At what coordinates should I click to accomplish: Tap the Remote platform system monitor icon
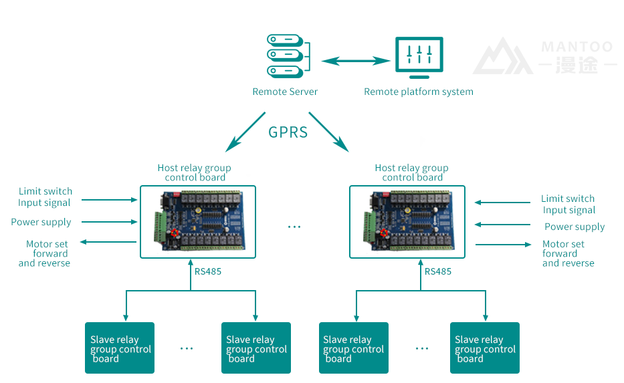[419, 57]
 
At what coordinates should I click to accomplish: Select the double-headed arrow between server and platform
[355, 61]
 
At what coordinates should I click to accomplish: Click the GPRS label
[288, 132]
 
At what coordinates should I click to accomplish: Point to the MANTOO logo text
[577, 47]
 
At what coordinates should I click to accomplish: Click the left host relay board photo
[198, 222]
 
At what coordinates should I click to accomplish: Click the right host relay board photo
[407, 222]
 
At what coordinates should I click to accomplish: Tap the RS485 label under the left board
[208, 271]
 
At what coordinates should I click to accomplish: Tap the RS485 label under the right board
[438, 271]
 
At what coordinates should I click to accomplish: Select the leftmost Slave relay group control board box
[120, 348]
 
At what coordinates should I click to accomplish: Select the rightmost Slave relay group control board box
[484, 348]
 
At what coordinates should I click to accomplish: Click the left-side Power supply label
[41, 222]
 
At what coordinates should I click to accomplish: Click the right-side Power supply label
[575, 227]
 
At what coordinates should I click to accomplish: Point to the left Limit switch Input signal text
[45, 197]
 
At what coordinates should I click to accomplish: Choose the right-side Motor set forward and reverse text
[567, 254]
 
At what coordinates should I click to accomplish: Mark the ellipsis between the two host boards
[294, 227]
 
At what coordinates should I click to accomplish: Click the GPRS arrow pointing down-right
[328, 130]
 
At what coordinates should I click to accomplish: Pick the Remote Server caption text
[285, 92]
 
